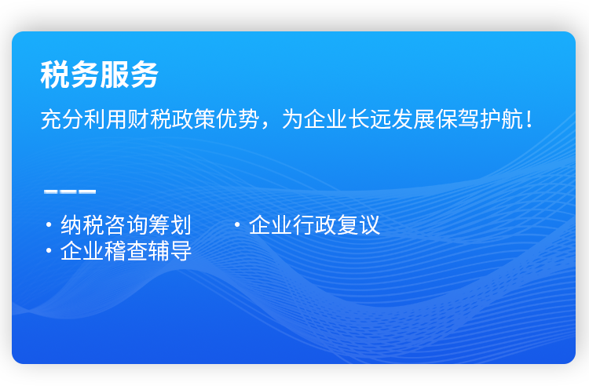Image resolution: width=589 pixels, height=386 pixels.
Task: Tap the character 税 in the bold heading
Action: pyautogui.click(x=55, y=75)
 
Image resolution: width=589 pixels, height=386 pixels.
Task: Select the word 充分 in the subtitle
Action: pyautogui.click(x=62, y=119)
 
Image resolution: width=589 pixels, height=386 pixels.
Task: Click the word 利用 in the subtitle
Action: pyautogui.click(x=106, y=119)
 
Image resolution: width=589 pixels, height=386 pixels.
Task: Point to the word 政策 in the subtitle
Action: pyautogui.click(x=194, y=119)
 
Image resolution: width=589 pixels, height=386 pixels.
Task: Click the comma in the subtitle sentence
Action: pyautogui.click(x=265, y=126)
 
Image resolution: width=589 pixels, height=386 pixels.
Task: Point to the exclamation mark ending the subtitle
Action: pyautogui.click(x=529, y=119)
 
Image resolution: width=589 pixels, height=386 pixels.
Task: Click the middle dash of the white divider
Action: pyautogui.click(x=70, y=191)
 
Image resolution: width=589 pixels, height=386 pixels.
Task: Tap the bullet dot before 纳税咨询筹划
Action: pyautogui.click(x=49, y=224)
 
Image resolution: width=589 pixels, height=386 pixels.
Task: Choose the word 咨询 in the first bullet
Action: pyautogui.click(x=126, y=225)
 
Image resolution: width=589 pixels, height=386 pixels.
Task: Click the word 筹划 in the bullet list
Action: pyautogui.click(x=170, y=225)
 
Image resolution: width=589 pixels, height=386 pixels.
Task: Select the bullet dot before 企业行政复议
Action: pyautogui.click(x=237, y=224)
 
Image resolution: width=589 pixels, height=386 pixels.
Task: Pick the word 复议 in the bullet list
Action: pyautogui.click(x=358, y=225)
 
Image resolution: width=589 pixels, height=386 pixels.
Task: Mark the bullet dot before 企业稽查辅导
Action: pyautogui.click(x=49, y=250)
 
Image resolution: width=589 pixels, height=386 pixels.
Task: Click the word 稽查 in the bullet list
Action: pyautogui.click(x=126, y=250)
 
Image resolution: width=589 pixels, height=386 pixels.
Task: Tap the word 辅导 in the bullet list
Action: pyautogui.click(x=170, y=250)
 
